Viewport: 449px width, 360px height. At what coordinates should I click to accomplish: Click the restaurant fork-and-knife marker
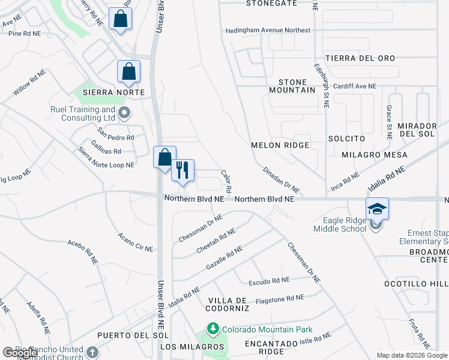coord(183,170)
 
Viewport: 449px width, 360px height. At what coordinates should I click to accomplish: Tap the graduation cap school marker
coord(377,209)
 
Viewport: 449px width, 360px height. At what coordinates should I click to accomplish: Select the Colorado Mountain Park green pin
coord(211,329)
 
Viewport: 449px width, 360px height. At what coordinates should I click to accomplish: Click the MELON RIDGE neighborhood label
coord(280,145)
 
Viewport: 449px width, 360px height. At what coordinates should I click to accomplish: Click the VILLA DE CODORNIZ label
coord(228,304)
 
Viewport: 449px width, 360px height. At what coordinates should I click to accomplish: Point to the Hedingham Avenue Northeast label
coord(268,30)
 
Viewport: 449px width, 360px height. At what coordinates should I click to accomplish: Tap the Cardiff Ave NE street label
coord(355,86)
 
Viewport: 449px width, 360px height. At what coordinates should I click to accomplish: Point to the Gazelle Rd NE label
coord(224,257)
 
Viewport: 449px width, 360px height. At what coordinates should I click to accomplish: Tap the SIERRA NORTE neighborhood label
coord(114,92)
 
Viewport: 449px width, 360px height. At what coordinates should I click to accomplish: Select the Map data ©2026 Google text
coord(412,355)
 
